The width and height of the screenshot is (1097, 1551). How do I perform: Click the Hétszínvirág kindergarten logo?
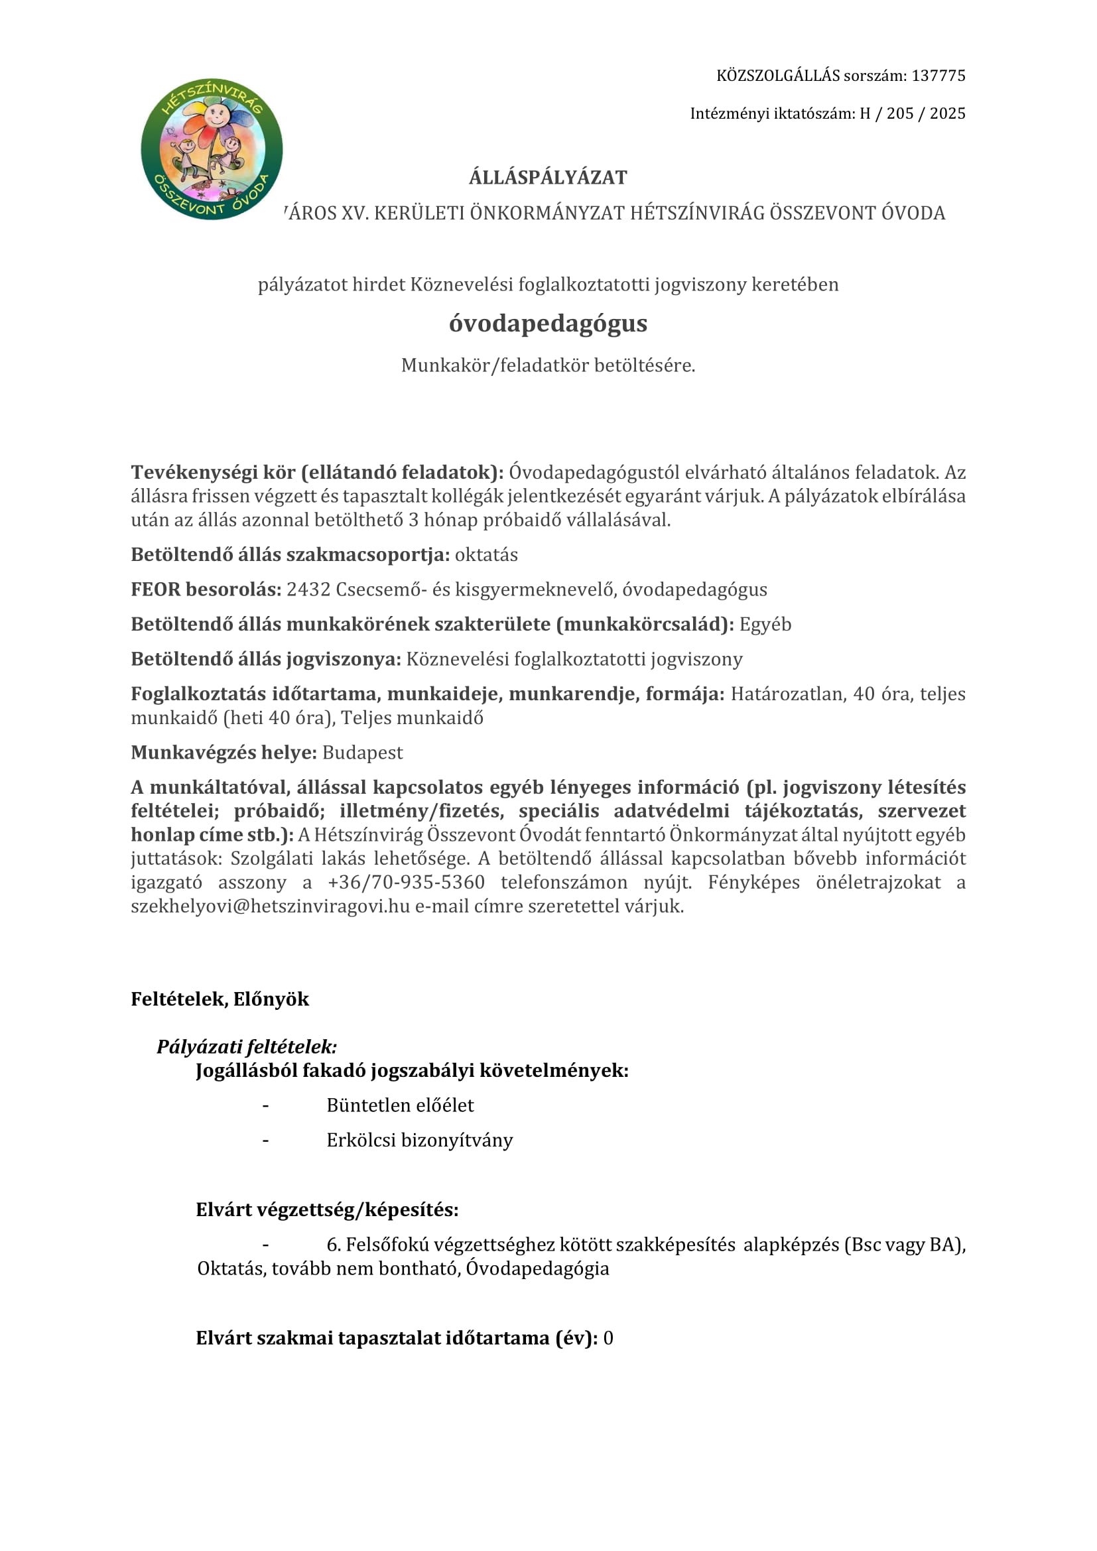[212, 149]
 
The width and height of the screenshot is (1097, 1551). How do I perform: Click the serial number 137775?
[938, 76]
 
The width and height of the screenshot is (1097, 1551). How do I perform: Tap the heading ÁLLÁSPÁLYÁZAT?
[548, 178]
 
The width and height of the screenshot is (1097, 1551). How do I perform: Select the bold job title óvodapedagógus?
[548, 324]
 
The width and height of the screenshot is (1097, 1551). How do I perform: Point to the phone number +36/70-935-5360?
[406, 882]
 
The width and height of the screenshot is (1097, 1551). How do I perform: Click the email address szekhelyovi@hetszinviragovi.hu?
[270, 906]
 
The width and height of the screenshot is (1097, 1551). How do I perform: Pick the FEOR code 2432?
[308, 589]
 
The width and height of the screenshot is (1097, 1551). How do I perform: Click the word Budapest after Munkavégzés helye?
[362, 753]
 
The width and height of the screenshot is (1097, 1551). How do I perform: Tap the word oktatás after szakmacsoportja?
[486, 554]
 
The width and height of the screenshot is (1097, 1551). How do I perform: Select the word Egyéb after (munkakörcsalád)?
[765, 624]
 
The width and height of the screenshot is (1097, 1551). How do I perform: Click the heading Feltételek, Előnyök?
[220, 999]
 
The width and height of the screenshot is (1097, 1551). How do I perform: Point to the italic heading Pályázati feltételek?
[247, 1046]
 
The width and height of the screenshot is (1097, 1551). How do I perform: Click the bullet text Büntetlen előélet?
[400, 1105]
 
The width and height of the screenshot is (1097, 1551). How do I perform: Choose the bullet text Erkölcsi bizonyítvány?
[419, 1141]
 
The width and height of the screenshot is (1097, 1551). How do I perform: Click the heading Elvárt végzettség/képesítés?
[327, 1210]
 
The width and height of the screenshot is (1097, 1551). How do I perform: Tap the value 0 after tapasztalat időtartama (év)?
[609, 1338]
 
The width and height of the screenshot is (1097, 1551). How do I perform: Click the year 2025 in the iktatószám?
[947, 113]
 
